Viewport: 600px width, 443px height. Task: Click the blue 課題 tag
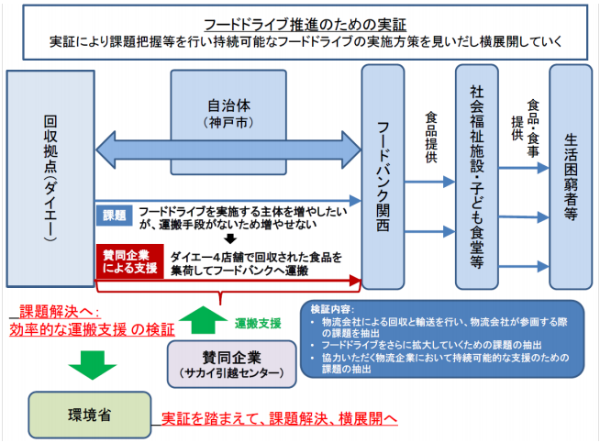114,215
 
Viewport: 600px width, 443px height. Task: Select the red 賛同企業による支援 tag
129,260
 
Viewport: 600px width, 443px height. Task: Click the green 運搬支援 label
258,324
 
